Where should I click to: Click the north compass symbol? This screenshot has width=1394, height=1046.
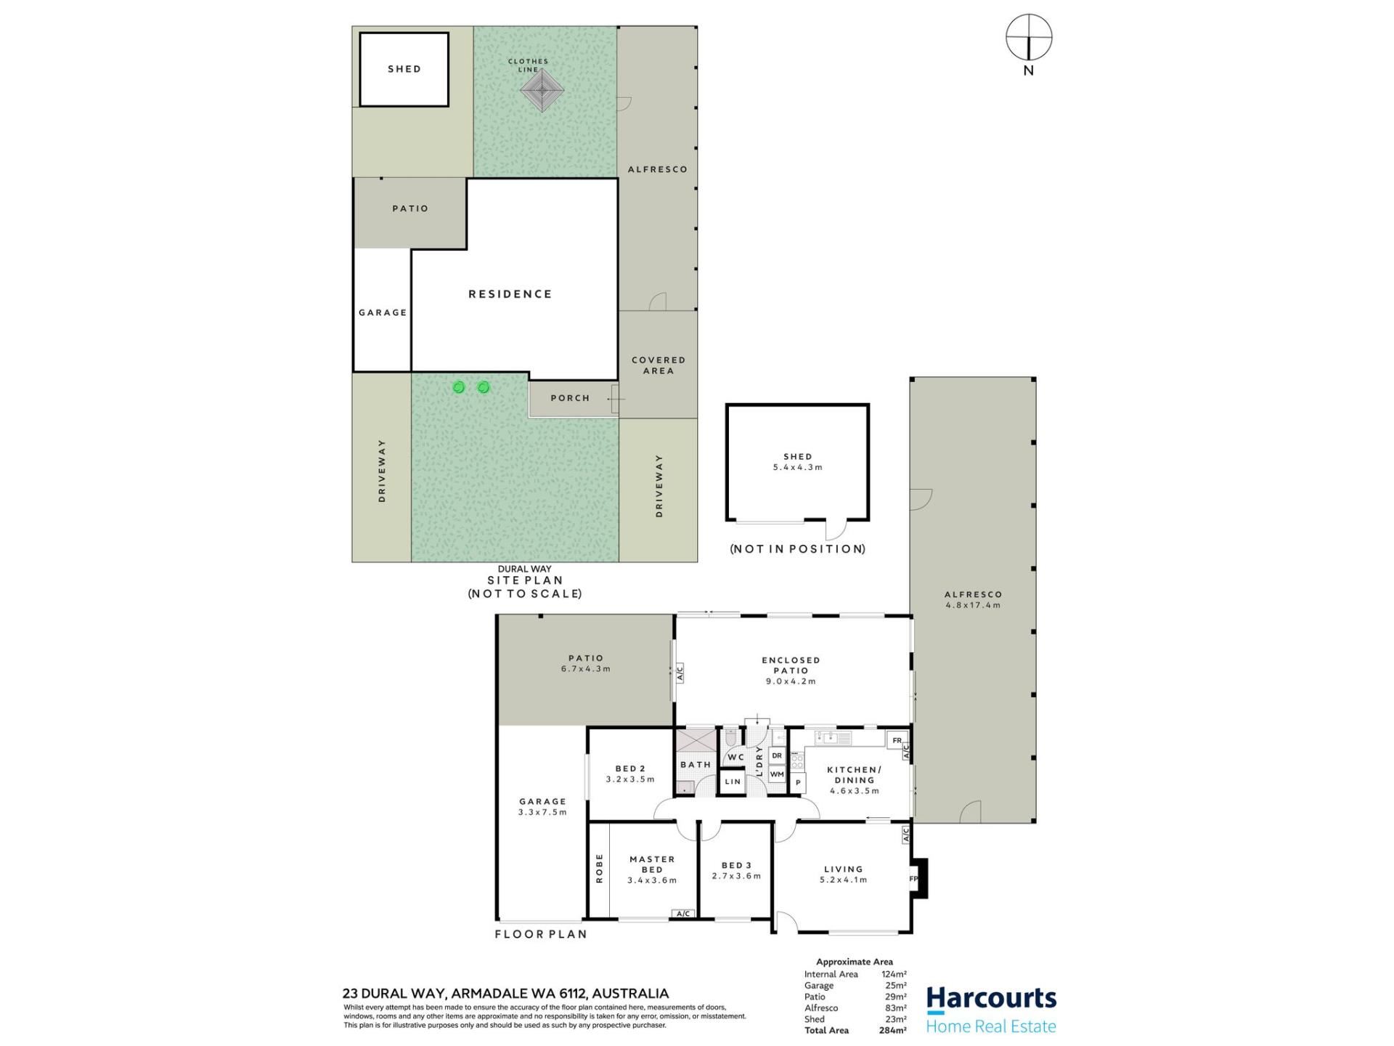tap(1028, 37)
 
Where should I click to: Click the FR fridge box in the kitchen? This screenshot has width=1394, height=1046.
tap(897, 740)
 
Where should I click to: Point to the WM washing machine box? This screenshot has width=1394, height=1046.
tap(777, 774)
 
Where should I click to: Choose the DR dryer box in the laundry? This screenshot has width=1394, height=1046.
tap(777, 755)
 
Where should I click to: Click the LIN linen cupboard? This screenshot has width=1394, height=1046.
tap(733, 782)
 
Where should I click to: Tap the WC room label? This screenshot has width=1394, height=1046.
tap(735, 757)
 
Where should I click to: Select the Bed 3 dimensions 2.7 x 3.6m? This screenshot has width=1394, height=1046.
tap(736, 876)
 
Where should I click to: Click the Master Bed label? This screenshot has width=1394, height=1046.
tap(652, 864)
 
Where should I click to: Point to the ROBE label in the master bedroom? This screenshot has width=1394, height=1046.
tap(600, 868)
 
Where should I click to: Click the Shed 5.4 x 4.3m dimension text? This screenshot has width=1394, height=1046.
tap(797, 468)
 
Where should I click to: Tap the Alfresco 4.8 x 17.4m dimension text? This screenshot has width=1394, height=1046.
tap(973, 605)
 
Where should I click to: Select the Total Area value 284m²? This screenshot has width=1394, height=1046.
tap(892, 1030)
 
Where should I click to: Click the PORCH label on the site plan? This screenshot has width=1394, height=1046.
tap(570, 398)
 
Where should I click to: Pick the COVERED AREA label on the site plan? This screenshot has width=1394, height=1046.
tap(659, 365)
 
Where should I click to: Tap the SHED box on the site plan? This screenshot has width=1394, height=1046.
tap(404, 70)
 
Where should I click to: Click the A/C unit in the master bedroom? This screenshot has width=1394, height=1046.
tap(682, 914)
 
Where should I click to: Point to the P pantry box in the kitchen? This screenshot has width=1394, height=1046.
tap(798, 782)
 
